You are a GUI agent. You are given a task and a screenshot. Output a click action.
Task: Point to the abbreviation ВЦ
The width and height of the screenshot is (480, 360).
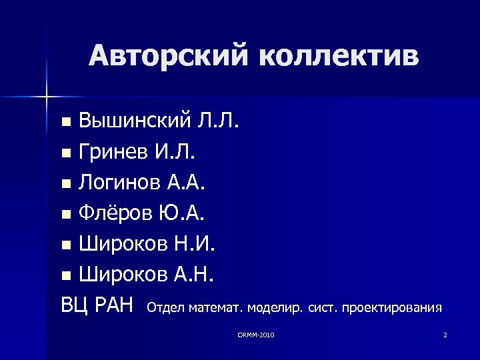coord(75,306)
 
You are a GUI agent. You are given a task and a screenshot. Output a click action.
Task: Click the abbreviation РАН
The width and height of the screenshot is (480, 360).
coord(115,306)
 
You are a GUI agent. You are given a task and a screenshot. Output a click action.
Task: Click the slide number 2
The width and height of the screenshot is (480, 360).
coord(445,334)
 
